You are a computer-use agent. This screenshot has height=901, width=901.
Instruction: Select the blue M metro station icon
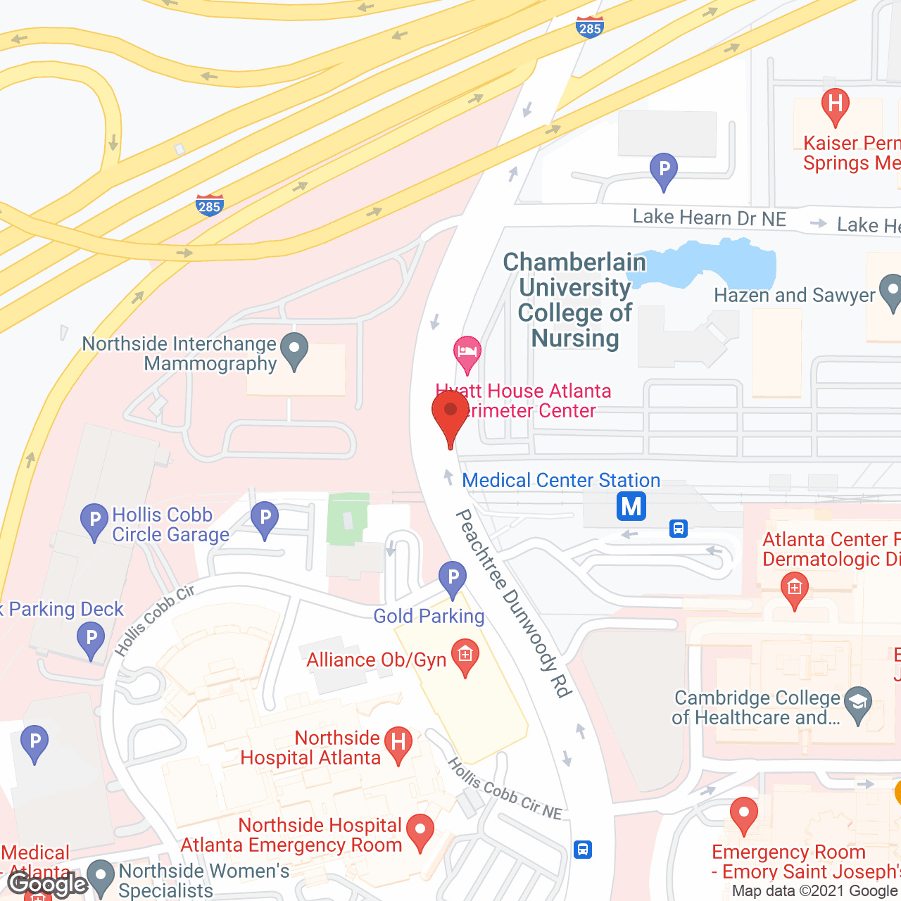click(x=631, y=506)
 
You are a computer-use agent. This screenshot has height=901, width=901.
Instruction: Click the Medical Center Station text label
click(x=561, y=481)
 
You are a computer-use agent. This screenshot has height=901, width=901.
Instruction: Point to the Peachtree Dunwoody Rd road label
click(x=513, y=603)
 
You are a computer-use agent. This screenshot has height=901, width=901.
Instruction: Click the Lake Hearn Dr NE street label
click(x=709, y=218)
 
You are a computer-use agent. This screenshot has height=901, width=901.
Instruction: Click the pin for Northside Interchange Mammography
click(x=294, y=349)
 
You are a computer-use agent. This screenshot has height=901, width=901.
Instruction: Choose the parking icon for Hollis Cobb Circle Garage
click(x=94, y=522)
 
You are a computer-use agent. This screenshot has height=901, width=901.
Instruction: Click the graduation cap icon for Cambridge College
click(x=858, y=704)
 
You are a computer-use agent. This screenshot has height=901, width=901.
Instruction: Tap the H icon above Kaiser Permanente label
click(x=836, y=106)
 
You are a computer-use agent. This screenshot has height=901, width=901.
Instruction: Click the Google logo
click(x=47, y=883)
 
